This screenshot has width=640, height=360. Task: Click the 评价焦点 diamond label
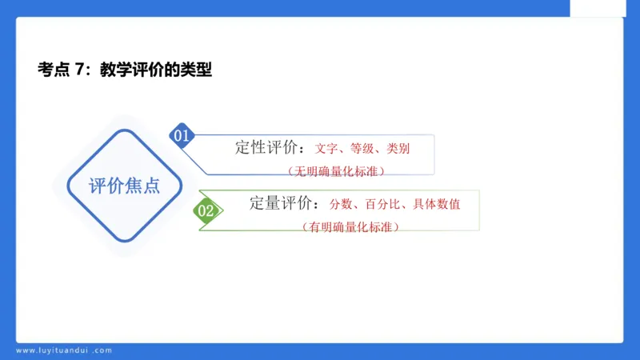(x=124, y=186)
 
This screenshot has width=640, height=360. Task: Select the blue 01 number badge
(x=182, y=135)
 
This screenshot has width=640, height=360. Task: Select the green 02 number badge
(x=206, y=210)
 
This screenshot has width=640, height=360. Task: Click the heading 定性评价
(x=266, y=148)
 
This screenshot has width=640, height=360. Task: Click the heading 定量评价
(x=279, y=203)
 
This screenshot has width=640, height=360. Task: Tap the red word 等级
(x=362, y=149)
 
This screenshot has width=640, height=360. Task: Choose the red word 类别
(x=398, y=149)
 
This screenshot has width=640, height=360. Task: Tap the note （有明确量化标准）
(x=350, y=226)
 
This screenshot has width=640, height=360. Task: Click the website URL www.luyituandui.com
(x=64, y=350)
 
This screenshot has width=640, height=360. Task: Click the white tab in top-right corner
(x=598, y=7)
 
